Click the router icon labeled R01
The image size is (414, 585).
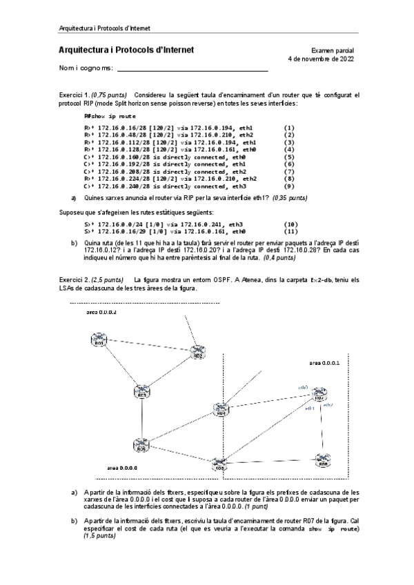pos(99,341)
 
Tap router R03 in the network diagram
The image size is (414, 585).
pos(142,393)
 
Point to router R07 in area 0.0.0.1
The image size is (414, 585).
pos(318,396)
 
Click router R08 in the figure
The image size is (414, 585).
pos(322,460)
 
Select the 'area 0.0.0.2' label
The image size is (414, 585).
pos(101,312)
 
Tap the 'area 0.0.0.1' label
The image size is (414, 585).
pos(324,362)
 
